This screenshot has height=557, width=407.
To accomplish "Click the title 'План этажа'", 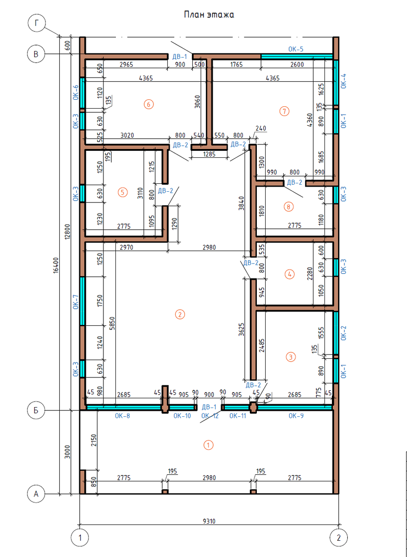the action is (209, 15).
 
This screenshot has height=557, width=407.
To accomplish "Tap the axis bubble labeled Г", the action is (37, 23).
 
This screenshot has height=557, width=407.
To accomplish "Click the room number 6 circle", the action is (149, 104).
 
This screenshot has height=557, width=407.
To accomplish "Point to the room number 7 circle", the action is (284, 111).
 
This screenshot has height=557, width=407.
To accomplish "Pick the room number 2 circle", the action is (180, 315).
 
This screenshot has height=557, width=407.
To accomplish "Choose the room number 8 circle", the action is (288, 207).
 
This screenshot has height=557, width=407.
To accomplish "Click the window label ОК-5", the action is (296, 49).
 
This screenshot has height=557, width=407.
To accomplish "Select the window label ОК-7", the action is (76, 302).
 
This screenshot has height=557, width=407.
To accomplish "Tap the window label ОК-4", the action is (343, 81).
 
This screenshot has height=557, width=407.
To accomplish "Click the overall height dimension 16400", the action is (56, 266).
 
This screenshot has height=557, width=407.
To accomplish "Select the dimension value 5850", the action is (112, 323).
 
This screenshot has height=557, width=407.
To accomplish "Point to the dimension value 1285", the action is (209, 154).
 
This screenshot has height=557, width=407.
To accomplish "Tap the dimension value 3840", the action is (242, 203).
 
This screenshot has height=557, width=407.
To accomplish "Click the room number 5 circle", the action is (123, 192).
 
